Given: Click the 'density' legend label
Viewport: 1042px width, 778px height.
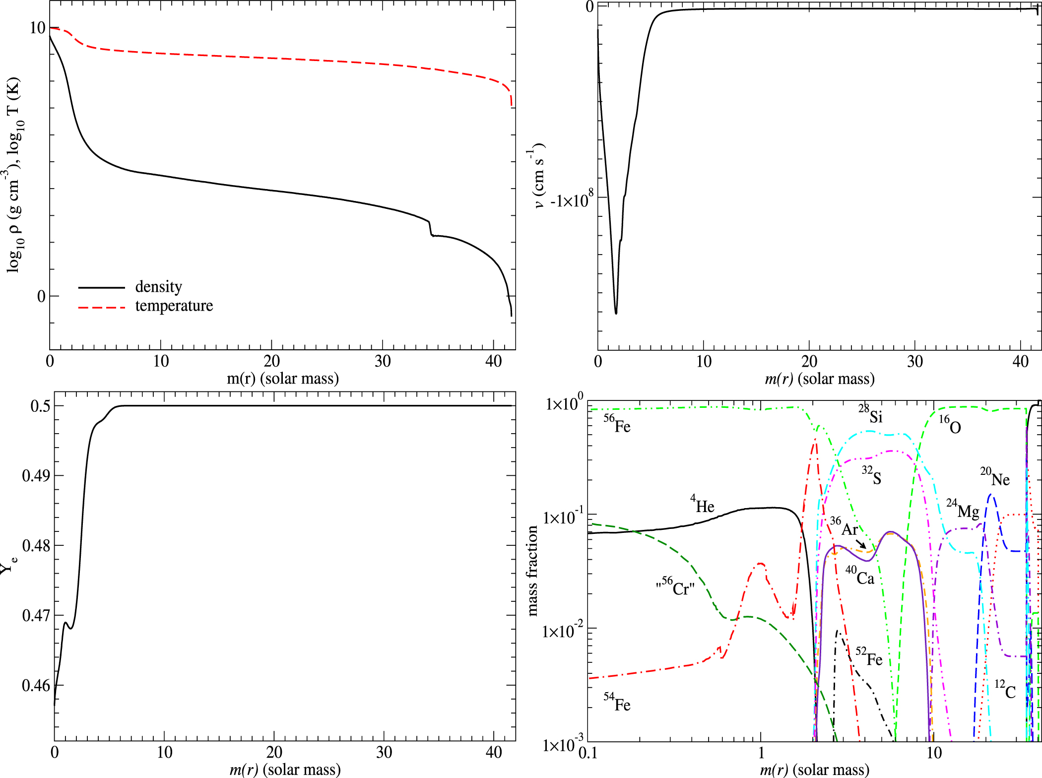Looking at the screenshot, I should [158, 287].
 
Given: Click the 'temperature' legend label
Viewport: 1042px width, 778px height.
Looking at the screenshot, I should [174, 306].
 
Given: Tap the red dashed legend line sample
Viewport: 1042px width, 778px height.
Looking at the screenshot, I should [102, 308].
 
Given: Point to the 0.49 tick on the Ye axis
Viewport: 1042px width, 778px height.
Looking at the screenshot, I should [36, 476].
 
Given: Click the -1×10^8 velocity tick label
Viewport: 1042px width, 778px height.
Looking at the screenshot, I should [571, 200].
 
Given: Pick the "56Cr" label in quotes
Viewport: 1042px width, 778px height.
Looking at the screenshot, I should [675, 587].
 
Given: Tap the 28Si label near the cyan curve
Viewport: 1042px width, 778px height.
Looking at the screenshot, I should [870, 414].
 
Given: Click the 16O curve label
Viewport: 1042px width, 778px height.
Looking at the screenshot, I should [950, 425].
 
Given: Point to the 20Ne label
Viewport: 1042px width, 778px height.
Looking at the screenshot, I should [994, 478].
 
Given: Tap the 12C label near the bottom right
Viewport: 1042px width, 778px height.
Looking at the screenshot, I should [1005, 690].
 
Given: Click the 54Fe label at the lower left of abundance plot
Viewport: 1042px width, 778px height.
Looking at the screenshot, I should [617, 703].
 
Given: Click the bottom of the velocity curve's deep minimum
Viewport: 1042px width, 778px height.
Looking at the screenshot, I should [616, 313].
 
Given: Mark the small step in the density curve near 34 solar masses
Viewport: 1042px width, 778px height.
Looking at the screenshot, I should [430, 229].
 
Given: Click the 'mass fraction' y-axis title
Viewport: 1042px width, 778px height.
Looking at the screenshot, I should [532, 571].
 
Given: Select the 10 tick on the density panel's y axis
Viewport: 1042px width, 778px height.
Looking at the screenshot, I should [37, 28].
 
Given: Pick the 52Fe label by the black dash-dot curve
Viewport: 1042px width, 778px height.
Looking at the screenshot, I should [869, 657].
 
